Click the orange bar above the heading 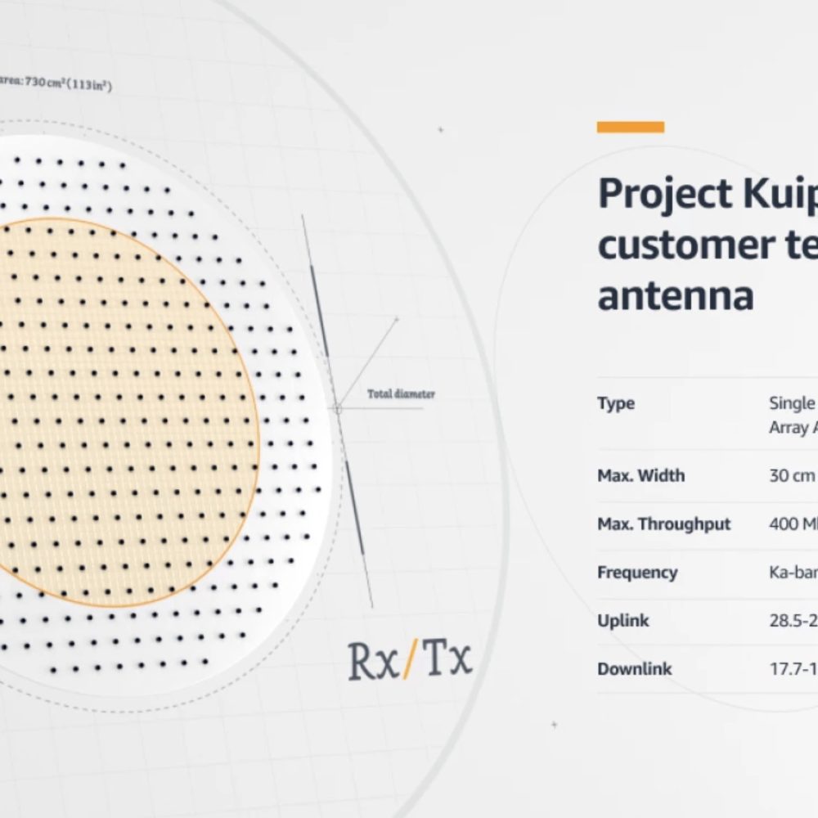tap(630, 127)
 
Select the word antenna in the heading tap(675, 295)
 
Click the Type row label tap(616, 403)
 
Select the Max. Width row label tap(640, 475)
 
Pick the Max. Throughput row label tap(663, 524)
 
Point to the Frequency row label tap(636, 572)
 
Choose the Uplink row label tap(622, 620)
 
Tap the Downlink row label tap(634, 668)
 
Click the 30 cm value tap(790, 475)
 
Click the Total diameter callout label tap(401, 394)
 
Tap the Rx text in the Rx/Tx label tap(372, 661)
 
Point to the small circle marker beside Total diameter tap(337, 407)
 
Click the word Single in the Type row tap(792, 403)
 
